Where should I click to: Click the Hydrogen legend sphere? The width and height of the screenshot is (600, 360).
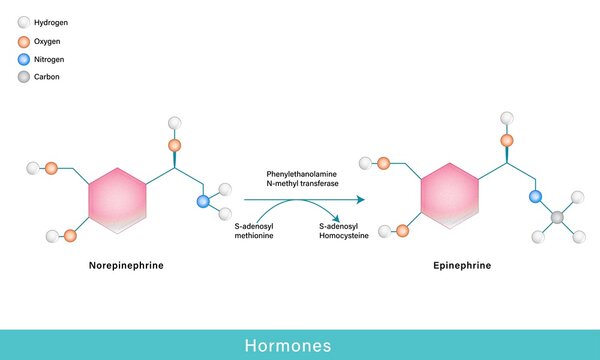[23, 22]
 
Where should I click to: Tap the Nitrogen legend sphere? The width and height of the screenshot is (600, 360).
[23, 60]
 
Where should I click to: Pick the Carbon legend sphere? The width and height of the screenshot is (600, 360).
[23, 78]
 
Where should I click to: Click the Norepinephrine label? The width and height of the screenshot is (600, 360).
[126, 266]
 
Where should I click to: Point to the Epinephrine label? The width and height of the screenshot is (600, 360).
[462, 266]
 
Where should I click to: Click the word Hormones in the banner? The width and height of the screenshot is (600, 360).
[300, 345]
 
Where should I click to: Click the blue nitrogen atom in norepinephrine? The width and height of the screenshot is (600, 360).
[204, 201]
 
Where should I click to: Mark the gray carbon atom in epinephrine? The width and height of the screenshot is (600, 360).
[558, 217]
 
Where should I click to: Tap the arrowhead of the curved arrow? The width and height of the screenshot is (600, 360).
[338, 218]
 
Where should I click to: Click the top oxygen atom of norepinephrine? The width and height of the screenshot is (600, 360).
[175, 145]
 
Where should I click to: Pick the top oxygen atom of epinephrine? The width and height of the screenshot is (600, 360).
[507, 140]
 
